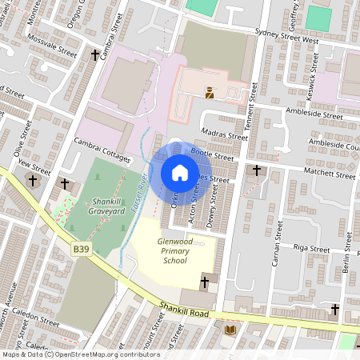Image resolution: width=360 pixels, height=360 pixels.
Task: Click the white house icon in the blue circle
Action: (180, 172)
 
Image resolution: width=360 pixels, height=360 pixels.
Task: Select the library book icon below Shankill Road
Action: (230, 330)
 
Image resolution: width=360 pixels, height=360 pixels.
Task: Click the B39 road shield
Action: (81, 250)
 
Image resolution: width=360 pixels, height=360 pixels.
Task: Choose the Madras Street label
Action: (224, 136)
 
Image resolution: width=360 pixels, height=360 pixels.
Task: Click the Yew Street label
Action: (34, 164)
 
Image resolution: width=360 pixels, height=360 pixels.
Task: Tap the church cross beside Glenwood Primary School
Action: (205, 282)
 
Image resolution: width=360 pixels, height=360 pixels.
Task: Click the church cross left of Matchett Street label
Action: (257, 170)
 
